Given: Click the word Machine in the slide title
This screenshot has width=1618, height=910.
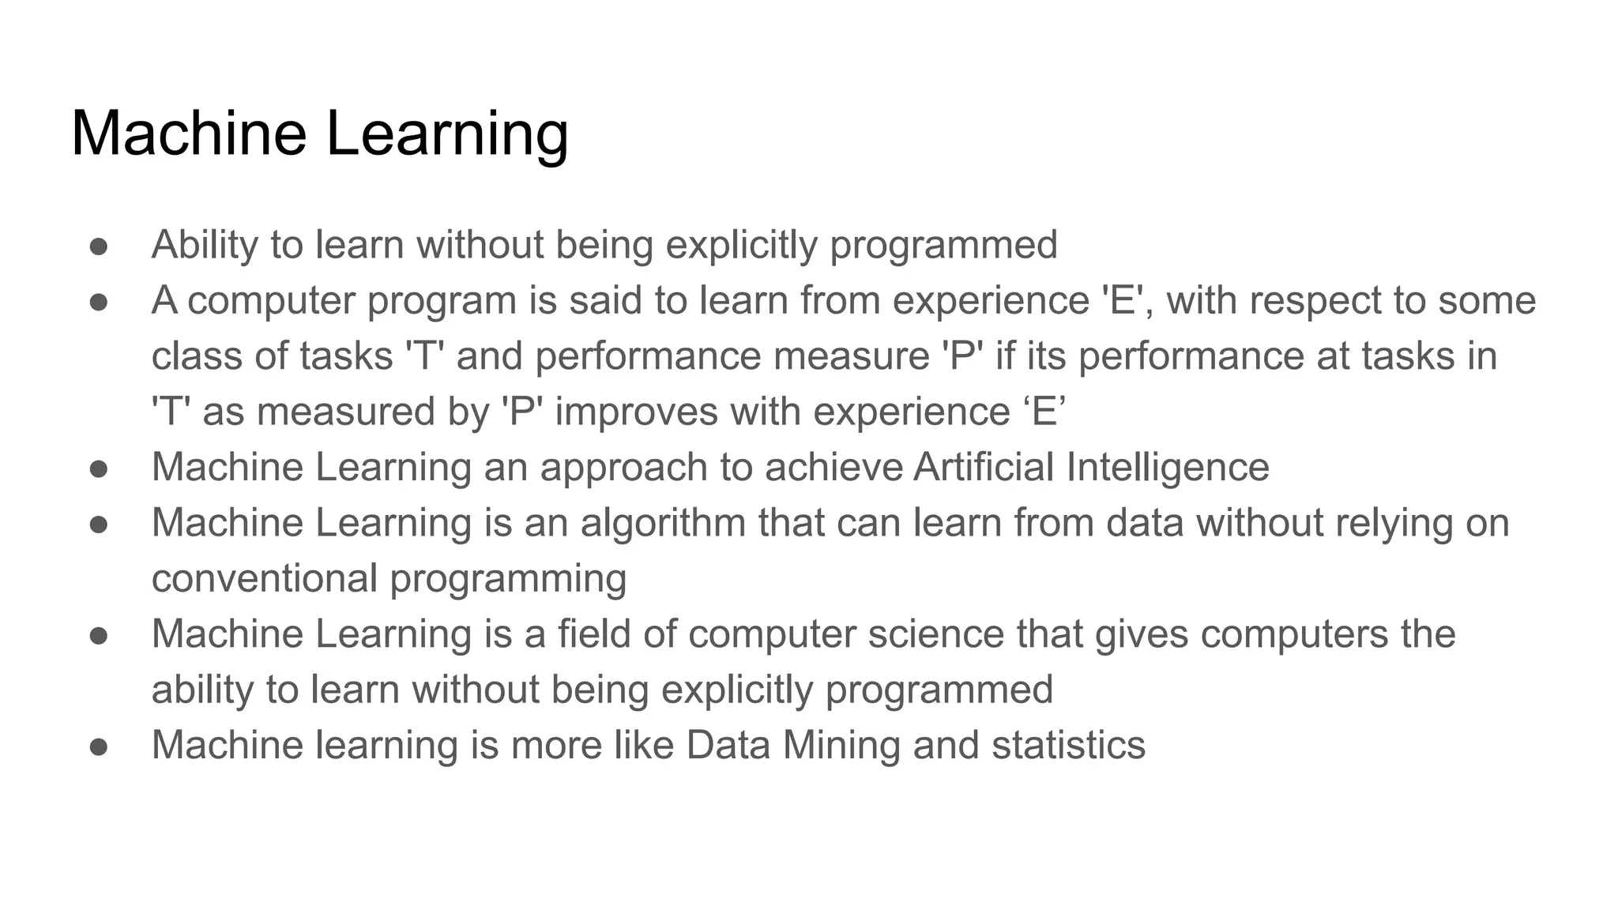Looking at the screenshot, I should [x=188, y=133].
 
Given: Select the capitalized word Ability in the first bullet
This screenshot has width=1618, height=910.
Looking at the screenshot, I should [x=204, y=245].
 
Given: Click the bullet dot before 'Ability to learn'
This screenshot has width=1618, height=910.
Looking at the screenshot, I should [x=99, y=246].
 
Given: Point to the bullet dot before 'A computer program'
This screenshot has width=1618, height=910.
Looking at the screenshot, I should [x=99, y=302].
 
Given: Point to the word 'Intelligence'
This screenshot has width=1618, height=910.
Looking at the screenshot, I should [x=1167, y=468].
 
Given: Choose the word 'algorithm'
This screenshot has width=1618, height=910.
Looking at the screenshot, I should [x=663, y=524].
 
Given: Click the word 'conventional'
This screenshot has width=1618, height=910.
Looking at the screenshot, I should [x=264, y=578].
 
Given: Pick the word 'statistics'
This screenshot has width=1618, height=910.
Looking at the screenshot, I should [x=1068, y=746].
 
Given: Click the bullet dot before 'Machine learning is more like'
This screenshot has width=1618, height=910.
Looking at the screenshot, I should [x=99, y=746].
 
